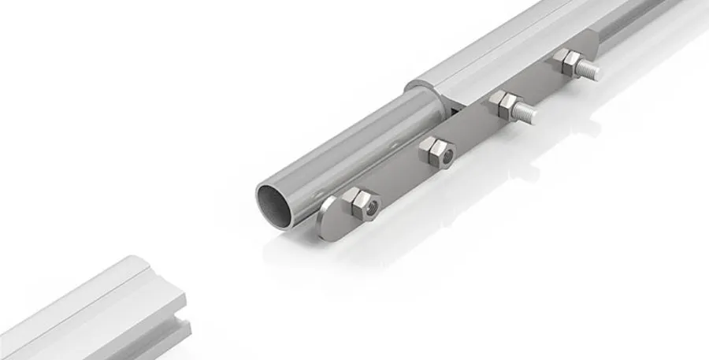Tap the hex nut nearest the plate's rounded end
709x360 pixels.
(360, 204)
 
